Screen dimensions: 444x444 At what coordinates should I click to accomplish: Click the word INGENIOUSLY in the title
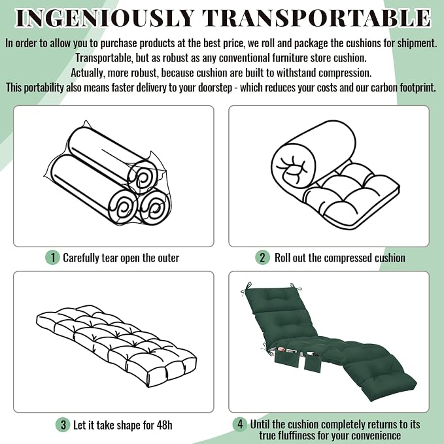[x=105, y=18]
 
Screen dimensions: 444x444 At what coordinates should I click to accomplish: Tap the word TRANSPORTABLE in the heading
[x=316, y=18]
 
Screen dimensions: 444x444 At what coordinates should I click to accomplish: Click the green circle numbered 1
[x=52, y=258]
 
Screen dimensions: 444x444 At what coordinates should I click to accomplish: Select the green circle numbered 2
[x=262, y=258]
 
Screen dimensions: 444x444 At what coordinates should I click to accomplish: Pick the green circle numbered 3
[x=63, y=425]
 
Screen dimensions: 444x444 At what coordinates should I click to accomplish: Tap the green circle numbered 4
[x=240, y=424]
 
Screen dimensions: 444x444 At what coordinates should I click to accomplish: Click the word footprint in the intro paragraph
[x=418, y=88]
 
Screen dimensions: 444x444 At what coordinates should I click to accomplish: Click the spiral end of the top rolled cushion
[x=142, y=178]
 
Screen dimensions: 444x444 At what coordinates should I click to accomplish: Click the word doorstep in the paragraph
[x=215, y=88]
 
